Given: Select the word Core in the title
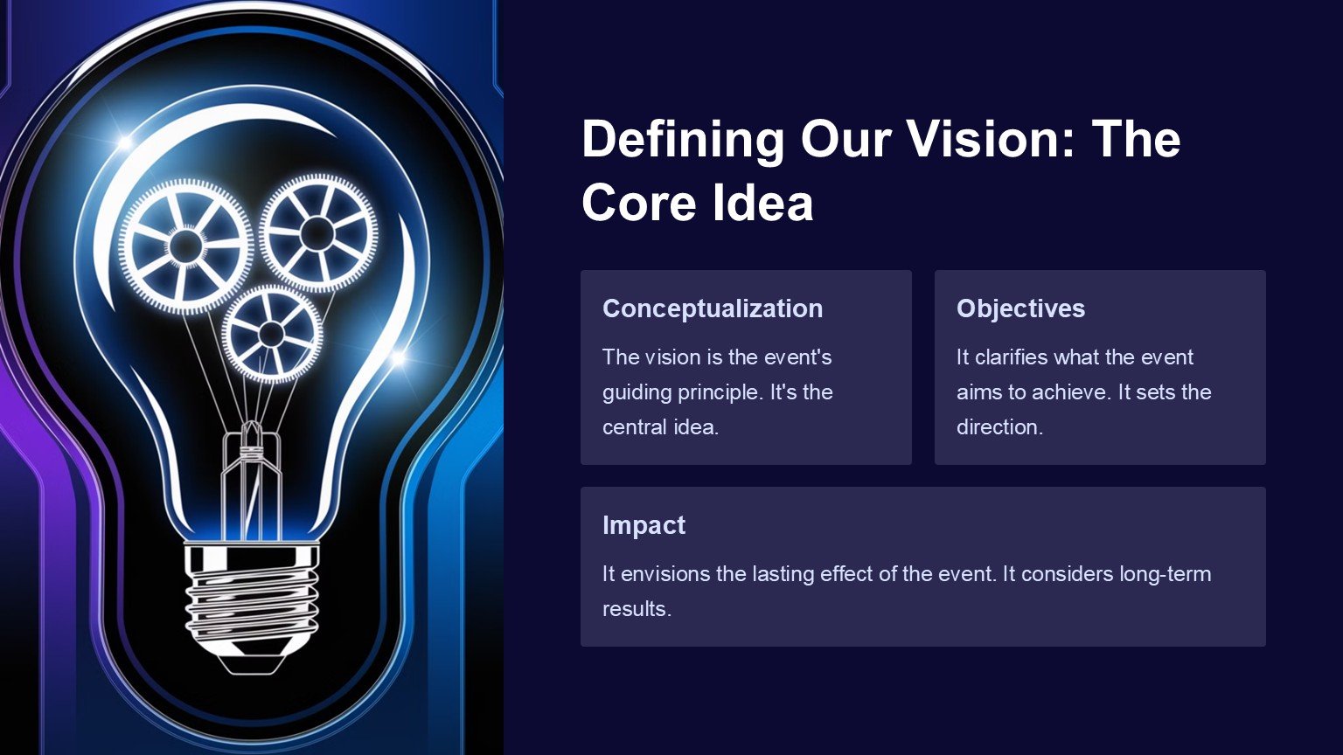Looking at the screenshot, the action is coord(638,203).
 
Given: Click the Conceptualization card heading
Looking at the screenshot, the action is coord(713,308).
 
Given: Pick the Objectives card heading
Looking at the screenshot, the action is coord(1020,308).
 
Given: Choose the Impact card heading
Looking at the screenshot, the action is coord(644,525).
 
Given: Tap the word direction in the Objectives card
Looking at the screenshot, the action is coord(999,427).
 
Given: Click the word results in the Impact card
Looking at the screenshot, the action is coord(637,609).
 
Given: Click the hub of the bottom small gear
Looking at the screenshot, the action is coord(271,333).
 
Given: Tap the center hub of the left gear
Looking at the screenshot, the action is coord(186,245).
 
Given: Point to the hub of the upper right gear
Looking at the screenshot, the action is coord(317,232).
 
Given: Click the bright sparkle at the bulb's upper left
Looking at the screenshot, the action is coord(125,142).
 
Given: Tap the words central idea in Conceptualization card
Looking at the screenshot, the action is coord(660,427).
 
